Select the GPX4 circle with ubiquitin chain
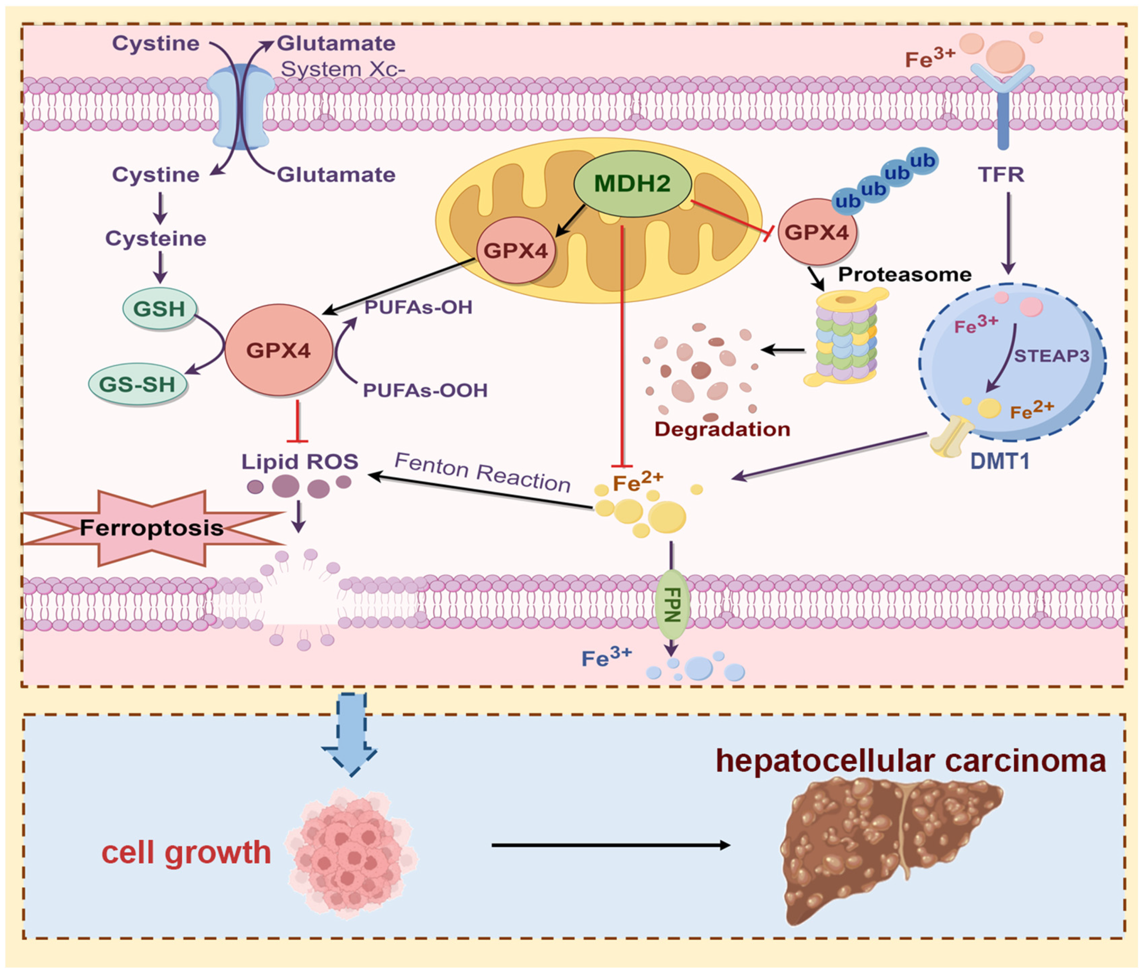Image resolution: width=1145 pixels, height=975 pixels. click(x=817, y=232)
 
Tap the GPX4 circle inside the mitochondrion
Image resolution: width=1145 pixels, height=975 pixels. click(x=516, y=250)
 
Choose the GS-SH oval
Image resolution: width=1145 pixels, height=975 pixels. click(x=138, y=384)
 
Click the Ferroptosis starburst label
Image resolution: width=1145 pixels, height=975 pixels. click(x=152, y=528)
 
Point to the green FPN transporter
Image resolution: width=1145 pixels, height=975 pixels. click(x=672, y=604)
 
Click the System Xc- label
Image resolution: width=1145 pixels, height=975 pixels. click(x=343, y=69)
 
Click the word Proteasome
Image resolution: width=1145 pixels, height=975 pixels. click(x=905, y=275)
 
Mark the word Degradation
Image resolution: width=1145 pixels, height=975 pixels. click(x=722, y=429)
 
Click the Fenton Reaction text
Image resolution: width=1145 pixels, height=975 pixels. click(x=482, y=472)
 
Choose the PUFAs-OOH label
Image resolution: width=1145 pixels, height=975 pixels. click(x=425, y=391)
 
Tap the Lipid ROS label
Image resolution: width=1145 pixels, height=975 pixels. click(x=300, y=462)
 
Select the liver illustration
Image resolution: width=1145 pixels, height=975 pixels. click(x=891, y=851)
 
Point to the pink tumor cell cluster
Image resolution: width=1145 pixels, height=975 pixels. click(x=350, y=854)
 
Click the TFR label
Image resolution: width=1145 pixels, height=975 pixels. click(x=1001, y=175)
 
